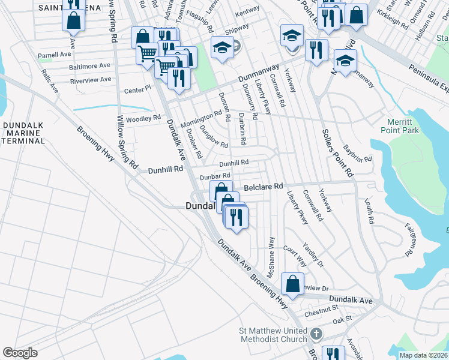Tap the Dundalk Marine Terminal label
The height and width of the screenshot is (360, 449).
(x=23, y=133)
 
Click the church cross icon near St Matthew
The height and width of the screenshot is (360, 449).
(x=315, y=333)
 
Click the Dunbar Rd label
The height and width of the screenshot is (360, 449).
(x=215, y=176)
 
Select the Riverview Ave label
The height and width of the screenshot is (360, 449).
(x=91, y=79)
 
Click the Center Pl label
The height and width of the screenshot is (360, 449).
(x=136, y=89)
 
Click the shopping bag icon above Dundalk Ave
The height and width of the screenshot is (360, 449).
(x=292, y=284)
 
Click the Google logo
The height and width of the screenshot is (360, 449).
(x=20, y=353)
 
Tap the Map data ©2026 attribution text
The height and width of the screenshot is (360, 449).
(x=423, y=355)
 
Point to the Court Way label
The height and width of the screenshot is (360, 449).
(x=295, y=256)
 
